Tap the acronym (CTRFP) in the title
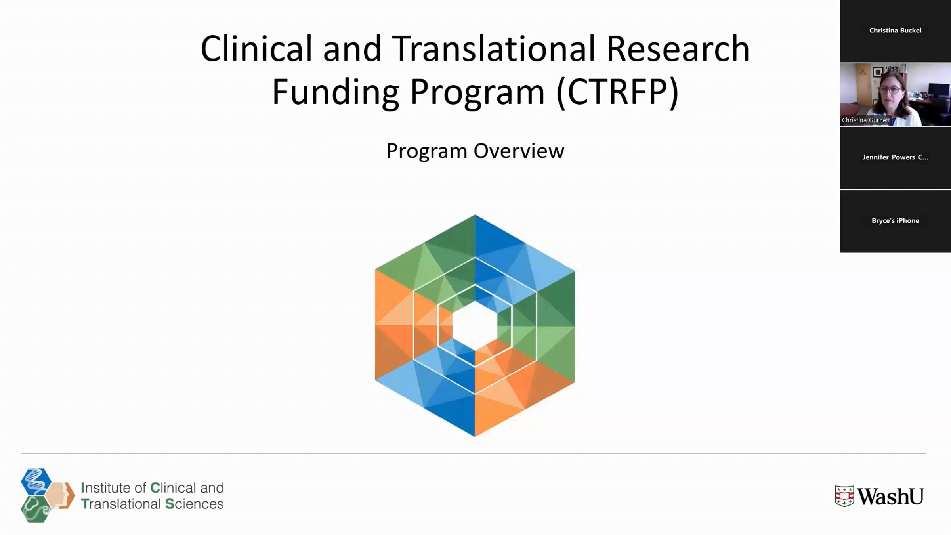[x=618, y=92]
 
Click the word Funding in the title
[x=335, y=92]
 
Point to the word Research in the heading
[x=678, y=49]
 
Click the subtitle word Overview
[x=519, y=151]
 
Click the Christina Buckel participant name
[x=895, y=31]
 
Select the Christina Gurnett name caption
[x=866, y=120]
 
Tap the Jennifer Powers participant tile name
[x=895, y=157]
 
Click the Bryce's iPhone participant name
[x=895, y=221]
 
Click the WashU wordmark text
[x=890, y=497]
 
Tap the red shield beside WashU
[x=844, y=496]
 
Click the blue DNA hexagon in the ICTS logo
[x=36, y=481]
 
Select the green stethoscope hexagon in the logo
[x=36, y=509]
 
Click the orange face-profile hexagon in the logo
[x=60, y=495]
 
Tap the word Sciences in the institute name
[x=194, y=504]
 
